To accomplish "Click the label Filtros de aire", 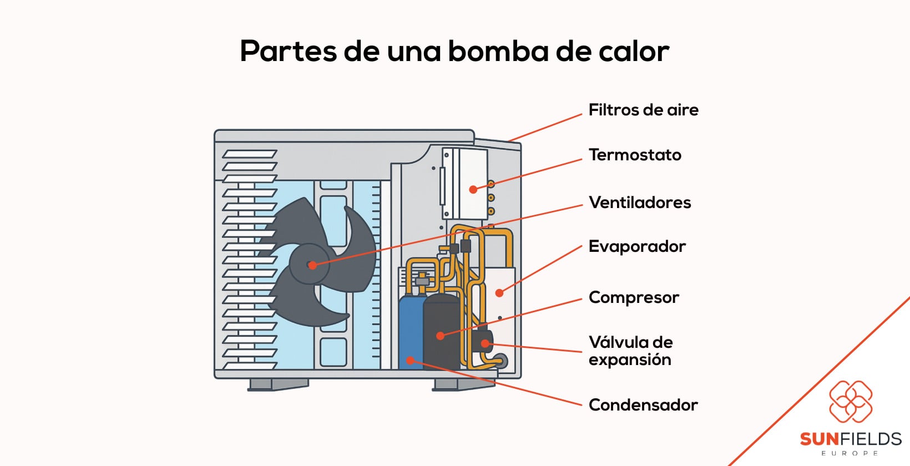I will point(643,110).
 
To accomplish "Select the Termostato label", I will point(635,155).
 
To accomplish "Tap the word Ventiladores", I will point(640,202).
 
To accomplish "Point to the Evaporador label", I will point(637,246).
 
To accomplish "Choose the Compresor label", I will point(634,297).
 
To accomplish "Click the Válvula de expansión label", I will point(630,351).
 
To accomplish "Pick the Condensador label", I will point(643,405).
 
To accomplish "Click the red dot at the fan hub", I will point(312,265).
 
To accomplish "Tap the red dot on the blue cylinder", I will point(411,361).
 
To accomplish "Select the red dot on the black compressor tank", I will point(440,336).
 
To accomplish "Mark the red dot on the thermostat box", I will point(473,190).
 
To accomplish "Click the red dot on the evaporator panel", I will point(499,293).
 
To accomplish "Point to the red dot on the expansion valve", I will point(485,343).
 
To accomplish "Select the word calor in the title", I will point(634,51).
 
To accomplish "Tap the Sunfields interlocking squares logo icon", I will point(850,401).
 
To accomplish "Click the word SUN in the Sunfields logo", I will point(819,439).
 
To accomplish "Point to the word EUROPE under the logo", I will point(850,453).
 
